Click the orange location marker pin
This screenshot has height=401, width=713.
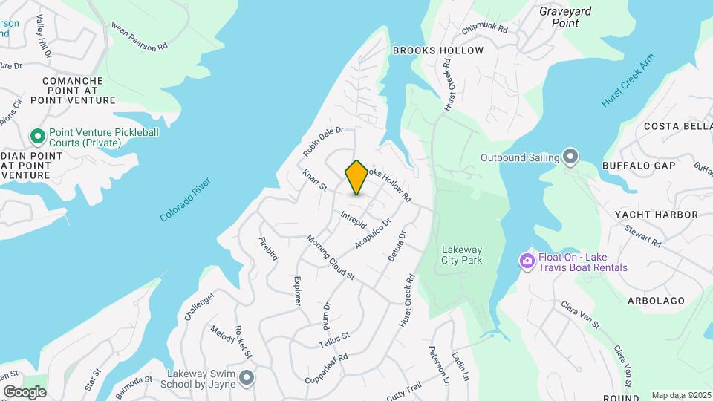click(x=356, y=177)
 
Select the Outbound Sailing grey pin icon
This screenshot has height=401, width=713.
click(x=570, y=157)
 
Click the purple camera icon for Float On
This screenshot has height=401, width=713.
click(x=527, y=261)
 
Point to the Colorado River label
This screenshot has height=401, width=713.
click(x=186, y=199)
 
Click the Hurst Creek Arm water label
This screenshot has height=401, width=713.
click(x=628, y=81)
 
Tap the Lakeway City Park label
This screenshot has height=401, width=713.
click(x=461, y=255)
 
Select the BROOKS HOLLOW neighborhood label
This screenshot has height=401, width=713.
click(x=437, y=50)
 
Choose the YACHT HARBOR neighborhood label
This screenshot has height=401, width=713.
click(x=656, y=215)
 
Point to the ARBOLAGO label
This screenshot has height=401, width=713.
click(x=654, y=301)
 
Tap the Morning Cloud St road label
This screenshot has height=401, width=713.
click(x=331, y=258)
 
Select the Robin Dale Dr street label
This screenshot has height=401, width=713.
click(x=323, y=140)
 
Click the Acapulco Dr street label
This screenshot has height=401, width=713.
click(x=372, y=232)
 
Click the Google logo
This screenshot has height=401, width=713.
click(x=25, y=391)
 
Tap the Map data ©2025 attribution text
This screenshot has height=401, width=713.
click(x=682, y=395)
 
